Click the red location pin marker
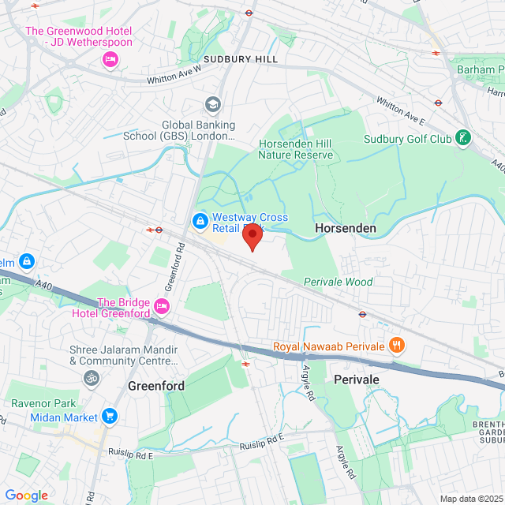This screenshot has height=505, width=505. click(x=252, y=235)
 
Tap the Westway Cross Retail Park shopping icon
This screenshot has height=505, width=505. click(x=200, y=219)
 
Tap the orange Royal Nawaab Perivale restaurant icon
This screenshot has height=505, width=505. click(x=397, y=345)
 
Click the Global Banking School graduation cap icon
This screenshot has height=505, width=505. click(x=211, y=104)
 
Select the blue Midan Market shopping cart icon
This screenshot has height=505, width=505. click(x=109, y=416)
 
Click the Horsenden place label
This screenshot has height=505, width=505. click(x=346, y=227)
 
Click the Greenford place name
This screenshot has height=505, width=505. click(x=156, y=386)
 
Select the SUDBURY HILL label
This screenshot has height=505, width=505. click(x=241, y=59)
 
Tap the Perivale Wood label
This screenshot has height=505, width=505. click(x=339, y=282)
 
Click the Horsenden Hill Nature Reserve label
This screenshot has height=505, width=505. click(x=295, y=148)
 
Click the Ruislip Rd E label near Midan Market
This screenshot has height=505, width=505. click(x=130, y=454)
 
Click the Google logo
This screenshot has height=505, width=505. click(x=26, y=495)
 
